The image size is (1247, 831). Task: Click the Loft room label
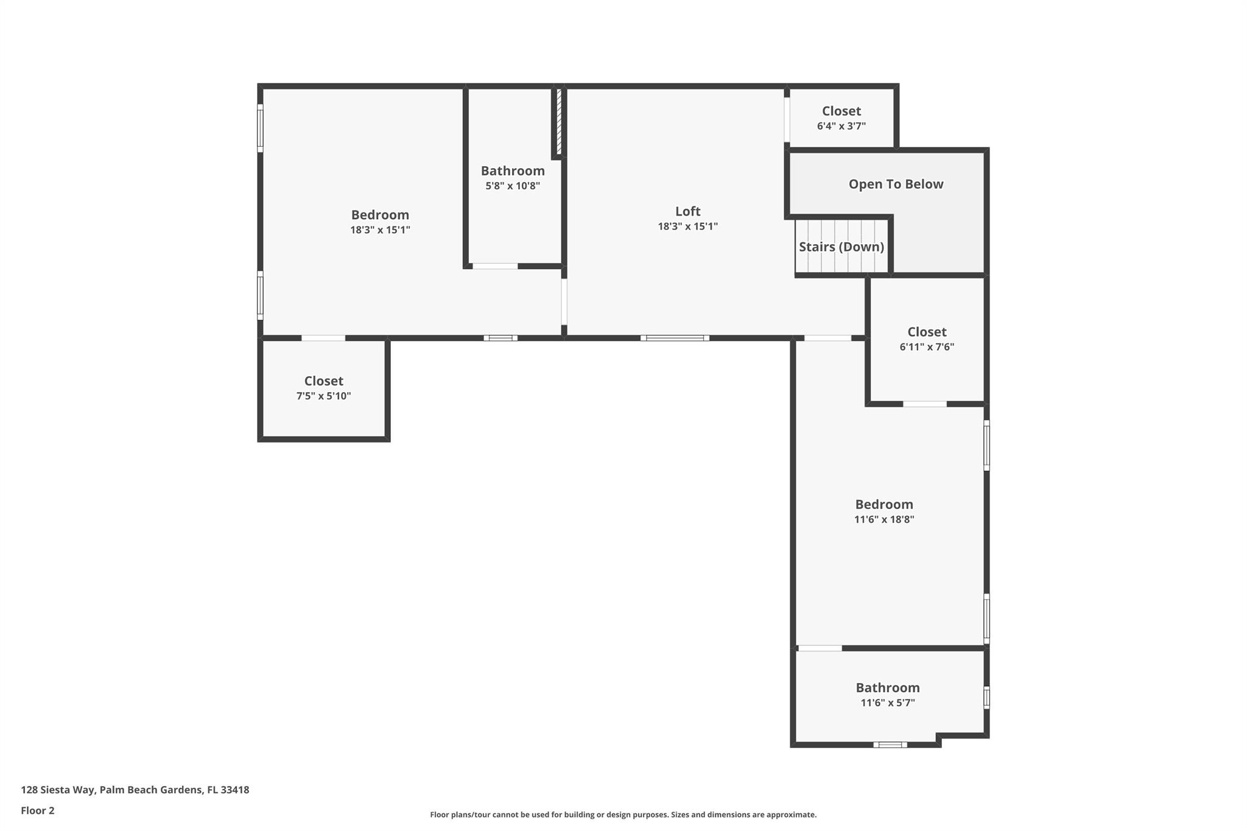(687, 211)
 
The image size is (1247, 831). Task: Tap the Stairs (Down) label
(841, 247)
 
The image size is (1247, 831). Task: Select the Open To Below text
(896, 184)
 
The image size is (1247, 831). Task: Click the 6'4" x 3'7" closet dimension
(841, 126)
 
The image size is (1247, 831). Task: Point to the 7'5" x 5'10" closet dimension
(323, 396)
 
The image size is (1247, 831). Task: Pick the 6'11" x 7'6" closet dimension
(926, 347)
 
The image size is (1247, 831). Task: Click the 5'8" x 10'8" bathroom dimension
(512, 186)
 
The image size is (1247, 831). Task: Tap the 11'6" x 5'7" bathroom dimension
(887, 703)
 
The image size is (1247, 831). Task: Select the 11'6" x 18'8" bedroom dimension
(883, 519)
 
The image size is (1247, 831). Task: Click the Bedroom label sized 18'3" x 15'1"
(380, 215)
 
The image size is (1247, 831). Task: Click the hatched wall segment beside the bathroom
(558, 121)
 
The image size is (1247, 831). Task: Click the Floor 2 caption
(38, 810)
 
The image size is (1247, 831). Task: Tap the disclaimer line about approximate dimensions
(623, 815)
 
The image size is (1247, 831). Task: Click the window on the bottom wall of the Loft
(675, 338)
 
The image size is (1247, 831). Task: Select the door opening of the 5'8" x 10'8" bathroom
(495, 266)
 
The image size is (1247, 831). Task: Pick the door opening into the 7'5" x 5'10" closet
(323, 338)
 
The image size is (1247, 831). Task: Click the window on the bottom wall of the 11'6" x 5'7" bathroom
(890, 745)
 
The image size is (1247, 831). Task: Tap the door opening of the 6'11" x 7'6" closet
(924, 404)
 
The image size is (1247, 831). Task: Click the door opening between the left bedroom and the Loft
(564, 301)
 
